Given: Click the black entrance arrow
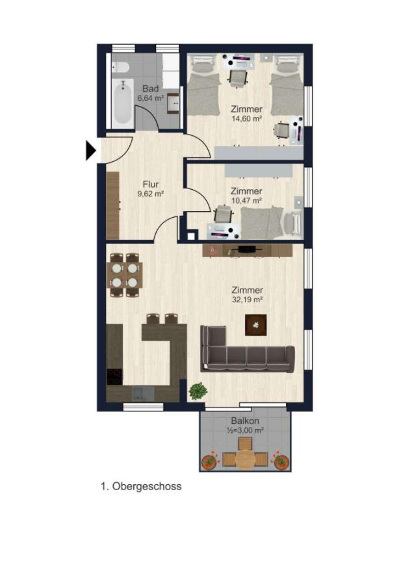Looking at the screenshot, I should (90, 151).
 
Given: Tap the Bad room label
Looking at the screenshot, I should (150, 88).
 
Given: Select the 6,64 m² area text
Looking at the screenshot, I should (150, 98).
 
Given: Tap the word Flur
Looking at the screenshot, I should (150, 184).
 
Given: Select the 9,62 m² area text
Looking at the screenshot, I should (150, 194).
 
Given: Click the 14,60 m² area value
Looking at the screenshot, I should (246, 119).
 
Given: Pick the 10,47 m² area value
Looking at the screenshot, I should (246, 201).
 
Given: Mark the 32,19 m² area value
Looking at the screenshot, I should (246, 300).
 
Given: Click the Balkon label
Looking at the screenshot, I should (244, 421).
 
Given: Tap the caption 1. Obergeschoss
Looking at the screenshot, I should (141, 486).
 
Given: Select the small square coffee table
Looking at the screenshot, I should (255, 324).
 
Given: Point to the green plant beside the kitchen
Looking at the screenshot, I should (198, 391).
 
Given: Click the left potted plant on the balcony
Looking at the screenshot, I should (209, 461).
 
